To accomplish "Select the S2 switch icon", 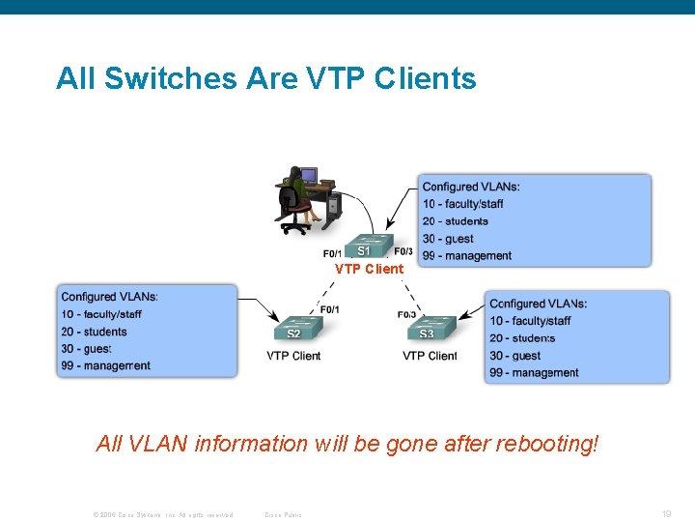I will pyautogui.click(x=293, y=328).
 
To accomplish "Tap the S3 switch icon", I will pyautogui.click(x=427, y=328).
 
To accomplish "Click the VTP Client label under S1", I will pyautogui.click(x=369, y=269).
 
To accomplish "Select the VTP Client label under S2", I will pyautogui.click(x=293, y=356).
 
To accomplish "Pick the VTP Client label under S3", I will pyautogui.click(x=430, y=356).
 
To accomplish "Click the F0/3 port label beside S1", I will pyautogui.click(x=403, y=252).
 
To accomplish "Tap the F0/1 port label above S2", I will pyautogui.click(x=329, y=309).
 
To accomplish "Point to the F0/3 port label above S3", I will pyautogui.click(x=406, y=314).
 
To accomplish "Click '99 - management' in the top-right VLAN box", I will pyautogui.click(x=466, y=256).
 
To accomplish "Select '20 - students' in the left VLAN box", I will pyautogui.click(x=94, y=332).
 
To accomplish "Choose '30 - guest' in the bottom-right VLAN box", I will pyautogui.click(x=514, y=356).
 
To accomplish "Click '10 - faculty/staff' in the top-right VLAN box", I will pyautogui.click(x=462, y=204).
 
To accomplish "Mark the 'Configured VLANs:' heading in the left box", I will pyautogui.click(x=109, y=297).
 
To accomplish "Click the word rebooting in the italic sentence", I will pyautogui.click(x=546, y=444).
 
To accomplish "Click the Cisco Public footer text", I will pyautogui.click(x=283, y=514).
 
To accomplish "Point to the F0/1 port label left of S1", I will pyautogui.click(x=333, y=255).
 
